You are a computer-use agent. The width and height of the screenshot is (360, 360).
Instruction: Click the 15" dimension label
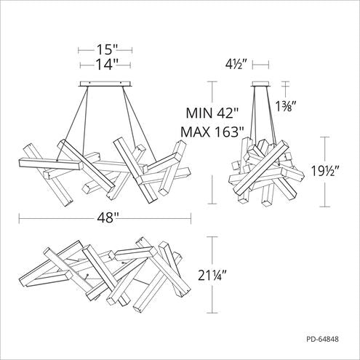pyautogui.click(x=105, y=51)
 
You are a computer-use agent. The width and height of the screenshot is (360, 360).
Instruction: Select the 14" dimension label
pyautogui.click(x=105, y=65)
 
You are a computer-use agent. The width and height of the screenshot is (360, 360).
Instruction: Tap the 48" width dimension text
pyautogui.click(x=105, y=216)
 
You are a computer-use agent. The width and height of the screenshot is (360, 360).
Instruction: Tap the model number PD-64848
pyautogui.click(x=327, y=338)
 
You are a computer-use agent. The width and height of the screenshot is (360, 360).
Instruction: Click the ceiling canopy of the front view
pyautogui.click(x=105, y=85)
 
